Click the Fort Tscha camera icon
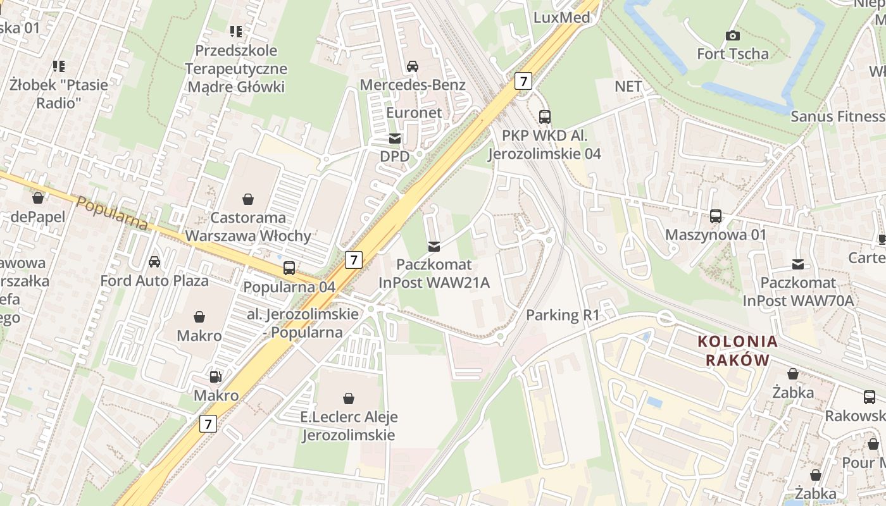(x=733, y=36)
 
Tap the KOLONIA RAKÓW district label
(x=737, y=351)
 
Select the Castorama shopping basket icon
(x=248, y=200)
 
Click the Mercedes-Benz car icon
(x=413, y=66)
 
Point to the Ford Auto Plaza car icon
(x=154, y=262)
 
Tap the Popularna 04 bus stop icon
(x=289, y=268)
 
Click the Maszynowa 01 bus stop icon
(x=716, y=216)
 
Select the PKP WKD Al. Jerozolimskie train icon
(x=545, y=117)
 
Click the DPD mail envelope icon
(x=395, y=139)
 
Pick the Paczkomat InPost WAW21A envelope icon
(x=434, y=246)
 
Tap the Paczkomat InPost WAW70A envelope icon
(x=798, y=264)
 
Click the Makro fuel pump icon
(x=216, y=377)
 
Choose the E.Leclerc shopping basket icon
(x=348, y=398)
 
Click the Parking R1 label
(x=563, y=315)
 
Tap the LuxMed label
(x=562, y=17)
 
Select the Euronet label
(x=414, y=113)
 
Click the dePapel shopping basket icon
(x=38, y=198)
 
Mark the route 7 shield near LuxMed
(x=523, y=80)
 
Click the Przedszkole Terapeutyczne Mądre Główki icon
(x=236, y=31)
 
